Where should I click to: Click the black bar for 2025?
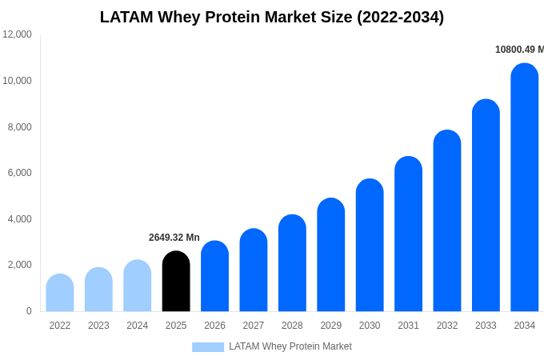176,282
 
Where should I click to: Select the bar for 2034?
524,188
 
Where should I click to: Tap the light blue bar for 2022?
60,293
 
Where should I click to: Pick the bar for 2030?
370,246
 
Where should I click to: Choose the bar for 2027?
254,270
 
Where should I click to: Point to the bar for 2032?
447,221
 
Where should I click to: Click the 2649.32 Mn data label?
174,238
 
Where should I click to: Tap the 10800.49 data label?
518,50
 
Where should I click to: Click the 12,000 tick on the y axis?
17,34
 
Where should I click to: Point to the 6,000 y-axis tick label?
19,173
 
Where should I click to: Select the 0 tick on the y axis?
29,311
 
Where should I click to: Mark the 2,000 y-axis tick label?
19,265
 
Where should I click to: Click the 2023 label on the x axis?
98,326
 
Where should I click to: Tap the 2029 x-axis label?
331,326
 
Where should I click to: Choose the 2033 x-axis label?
486,326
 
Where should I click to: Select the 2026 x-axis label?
214,326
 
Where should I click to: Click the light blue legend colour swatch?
208,347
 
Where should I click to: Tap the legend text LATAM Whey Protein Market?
290,346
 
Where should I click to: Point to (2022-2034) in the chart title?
400,17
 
